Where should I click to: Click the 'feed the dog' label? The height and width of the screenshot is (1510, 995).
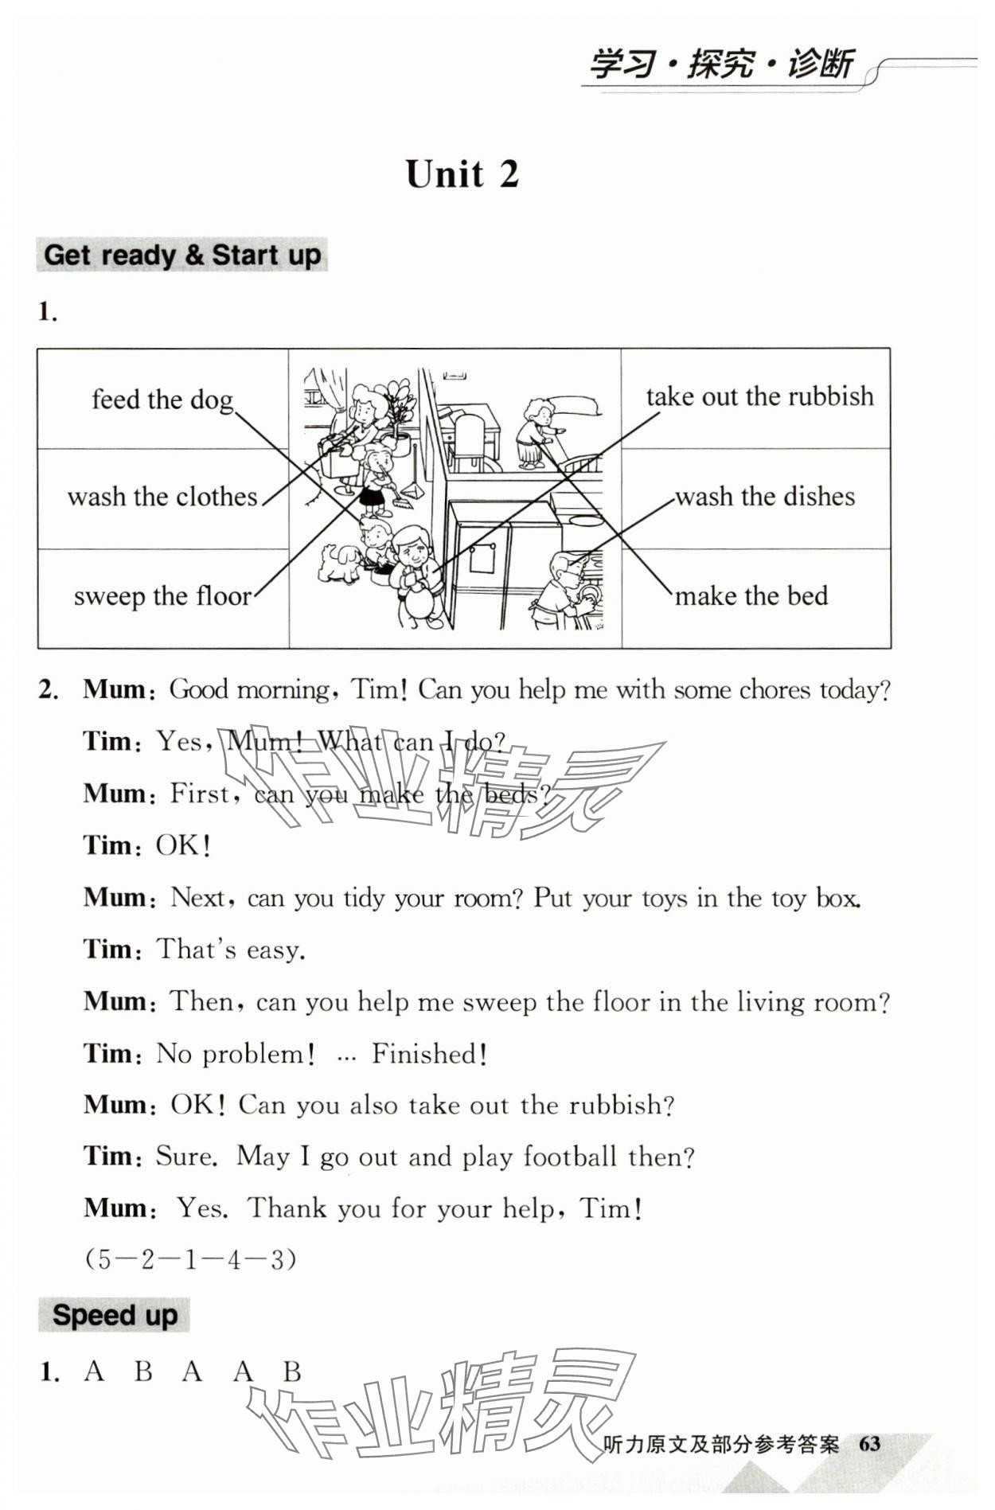tap(162, 400)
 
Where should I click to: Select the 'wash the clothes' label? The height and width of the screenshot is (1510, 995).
tap(162, 497)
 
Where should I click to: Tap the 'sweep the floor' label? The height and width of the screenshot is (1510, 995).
tap(162, 596)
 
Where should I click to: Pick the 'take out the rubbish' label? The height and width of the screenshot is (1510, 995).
tap(759, 396)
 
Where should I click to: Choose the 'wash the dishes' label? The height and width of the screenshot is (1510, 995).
tap(765, 497)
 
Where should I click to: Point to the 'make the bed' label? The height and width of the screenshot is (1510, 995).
tap(751, 596)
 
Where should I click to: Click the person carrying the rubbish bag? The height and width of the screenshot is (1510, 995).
tap(414, 573)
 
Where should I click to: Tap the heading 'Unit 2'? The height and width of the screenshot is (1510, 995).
tap(462, 174)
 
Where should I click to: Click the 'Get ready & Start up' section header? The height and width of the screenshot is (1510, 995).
tap(182, 256)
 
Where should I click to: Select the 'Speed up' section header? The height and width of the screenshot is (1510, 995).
tap(115, 1315)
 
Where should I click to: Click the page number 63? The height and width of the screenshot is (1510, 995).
tap(869, 1444)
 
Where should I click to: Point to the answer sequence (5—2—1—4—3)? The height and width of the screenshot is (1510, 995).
tap(190, 1260)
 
